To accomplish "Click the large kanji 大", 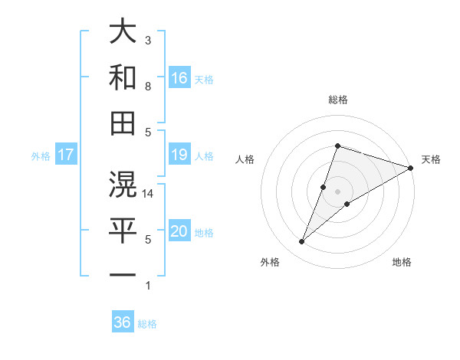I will tap(123, 32).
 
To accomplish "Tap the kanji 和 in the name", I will tap(123, 78).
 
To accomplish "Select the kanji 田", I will tap(123, 123).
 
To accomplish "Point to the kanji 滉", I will tap(123, 184).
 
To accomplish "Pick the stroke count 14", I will tap(149, 194).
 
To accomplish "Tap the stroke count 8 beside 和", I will tap(148, 87).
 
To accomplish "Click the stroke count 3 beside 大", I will tap(148, 40).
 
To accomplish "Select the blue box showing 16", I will tap(179, 78).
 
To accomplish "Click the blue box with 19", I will tap(179, 155).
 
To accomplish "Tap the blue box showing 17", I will tap(65, 155).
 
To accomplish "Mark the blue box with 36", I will tap(123, 322).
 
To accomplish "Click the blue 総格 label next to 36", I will tap(147, 324).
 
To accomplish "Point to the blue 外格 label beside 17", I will tap(41, 156).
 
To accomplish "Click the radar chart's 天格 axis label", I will tap(431, 159).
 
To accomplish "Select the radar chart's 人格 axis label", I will tap(245, 159).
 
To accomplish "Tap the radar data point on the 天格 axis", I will tap(410, 168).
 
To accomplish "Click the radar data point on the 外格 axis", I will tap(302, 242).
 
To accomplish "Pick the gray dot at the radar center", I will tap(337, 191).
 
